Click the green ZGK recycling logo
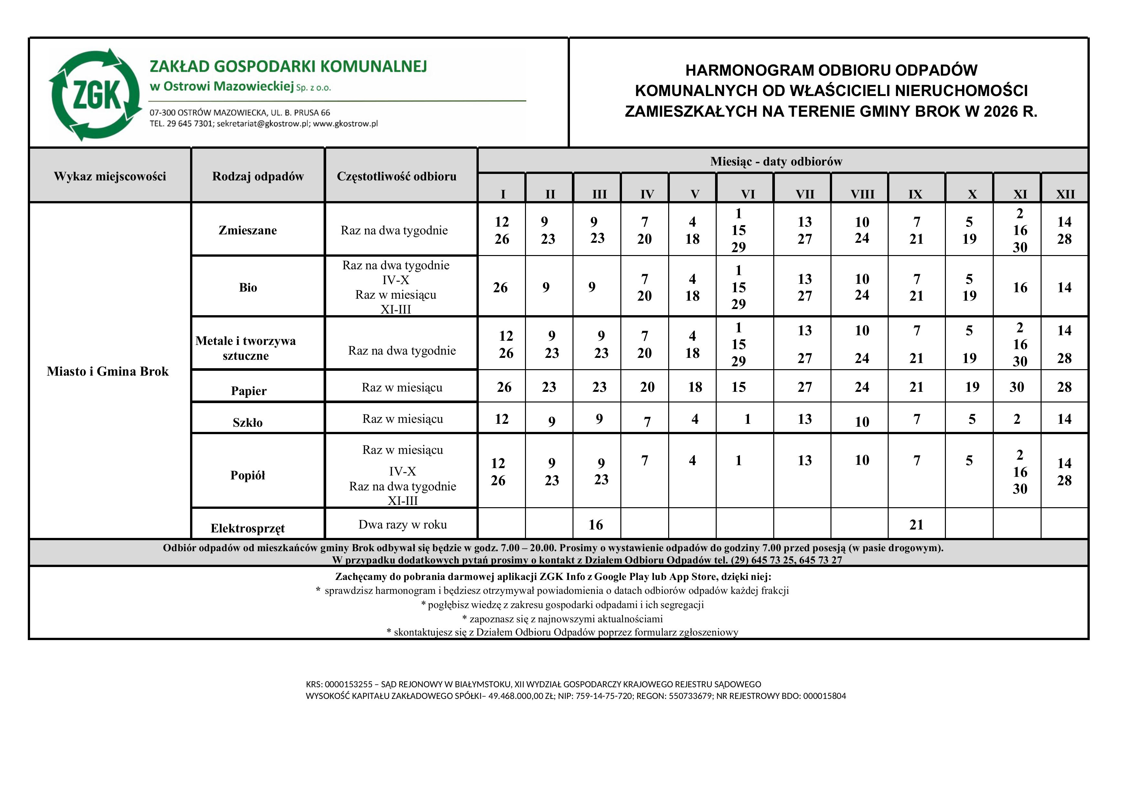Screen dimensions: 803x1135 tap(95, 95)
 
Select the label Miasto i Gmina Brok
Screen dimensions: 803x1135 tap(108, 372)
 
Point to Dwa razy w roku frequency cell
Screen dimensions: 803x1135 tap(402, 525)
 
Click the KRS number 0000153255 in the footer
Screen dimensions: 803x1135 tap(348, 684)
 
